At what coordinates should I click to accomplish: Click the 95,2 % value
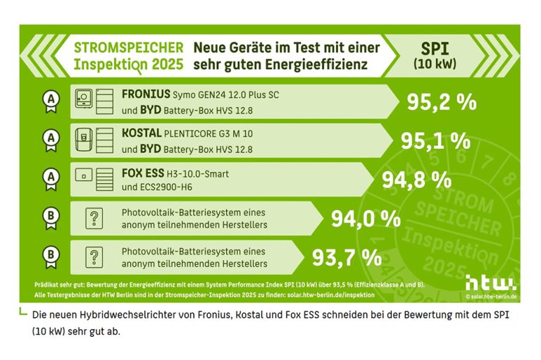coord(442,103)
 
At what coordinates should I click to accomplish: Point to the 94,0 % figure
coord(366,218)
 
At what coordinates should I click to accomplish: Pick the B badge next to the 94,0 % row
coord(50,218)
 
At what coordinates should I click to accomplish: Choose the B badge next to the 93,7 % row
coord(50,256)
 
